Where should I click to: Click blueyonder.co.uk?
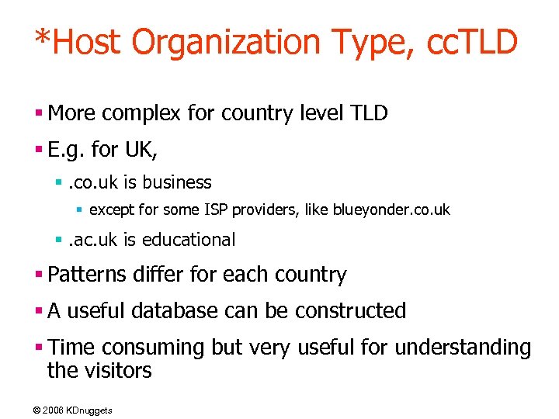[391, 209]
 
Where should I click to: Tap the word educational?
[190, 240]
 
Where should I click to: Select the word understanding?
[464, 347]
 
